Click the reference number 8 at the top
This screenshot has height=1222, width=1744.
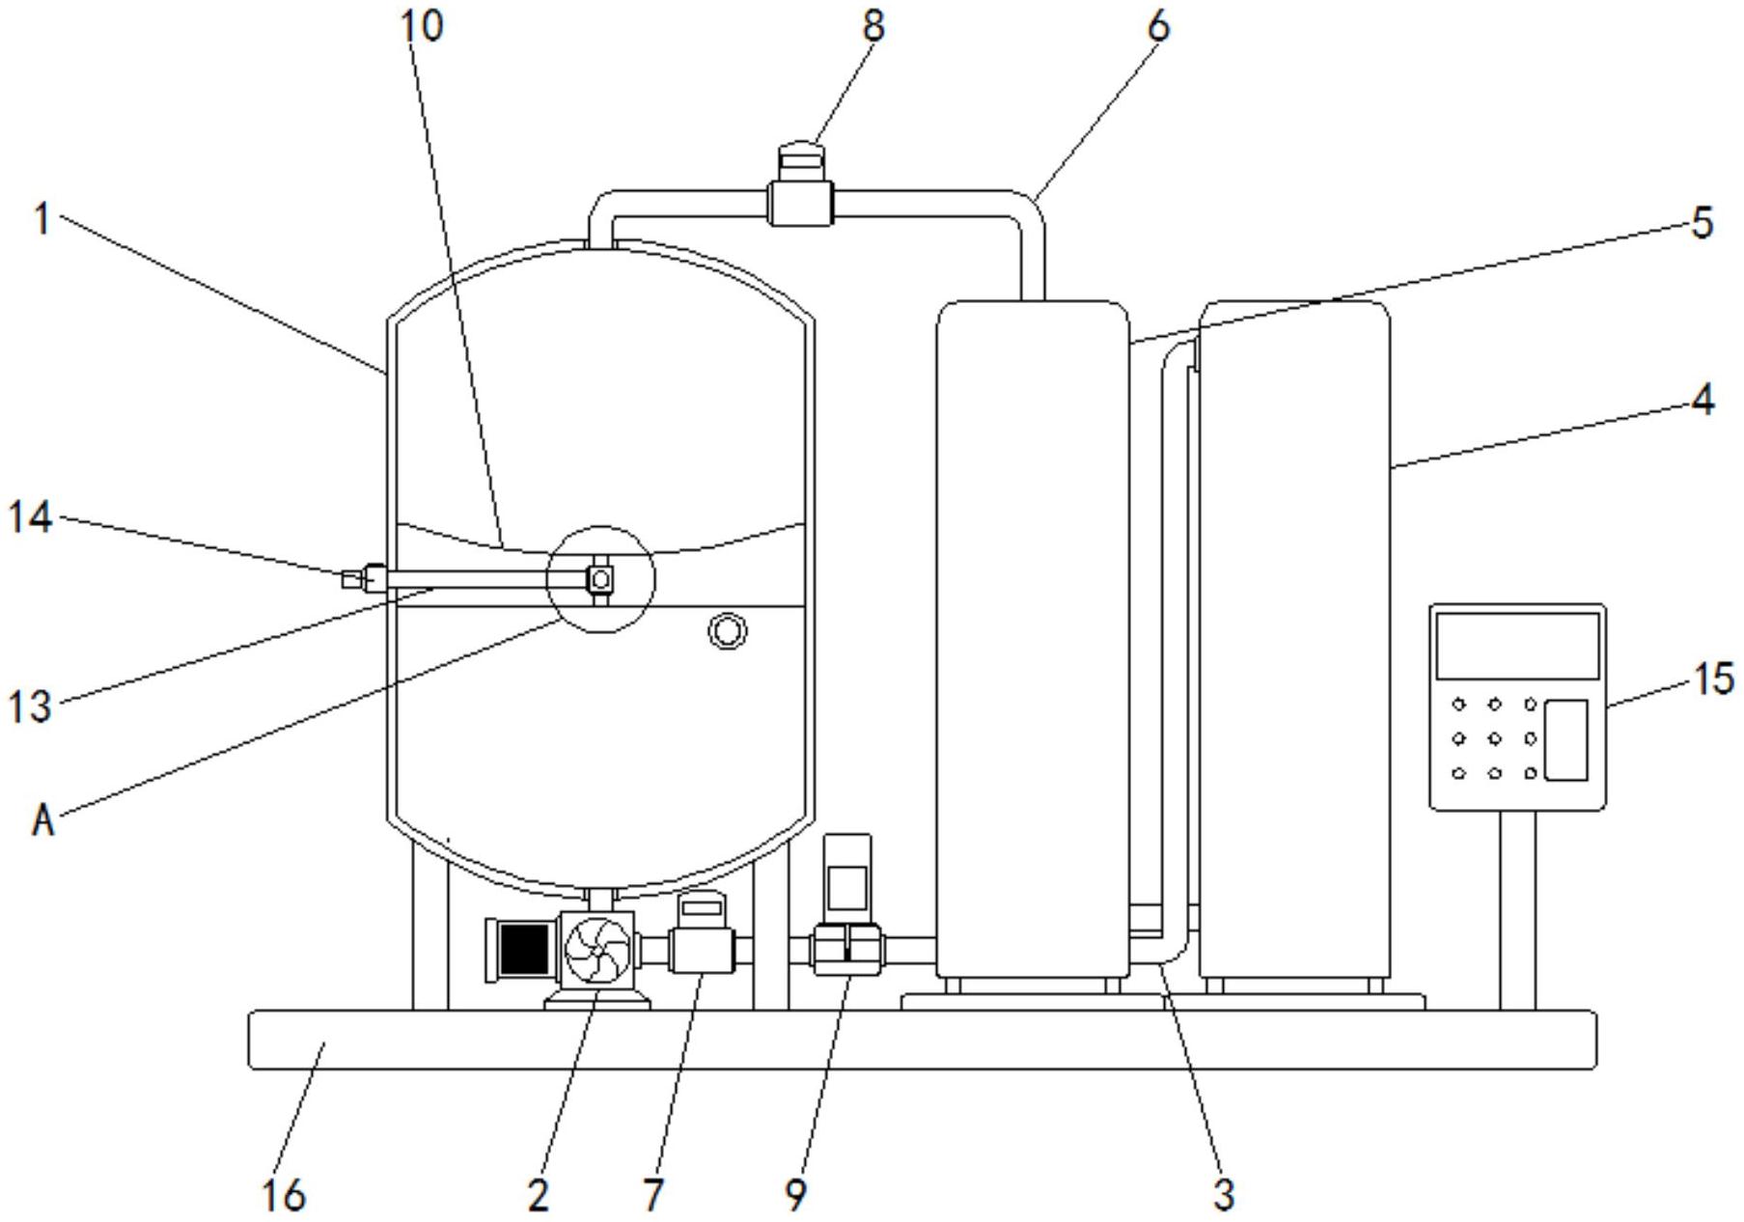[x=872, y=26]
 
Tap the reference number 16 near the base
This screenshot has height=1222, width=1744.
[x=283, y=1195]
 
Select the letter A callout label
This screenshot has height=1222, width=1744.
[x=42, y=821]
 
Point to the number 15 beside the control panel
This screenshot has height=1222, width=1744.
[x=1713, y=679]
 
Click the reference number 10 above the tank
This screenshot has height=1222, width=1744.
[x=422, y=26]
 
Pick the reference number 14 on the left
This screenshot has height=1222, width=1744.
[x=29, y=518]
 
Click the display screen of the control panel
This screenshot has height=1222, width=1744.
[x=1516, y=645]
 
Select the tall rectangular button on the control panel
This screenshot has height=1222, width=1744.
[x=1565, y=739]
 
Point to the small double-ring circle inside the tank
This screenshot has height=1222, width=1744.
[x=727, y=630]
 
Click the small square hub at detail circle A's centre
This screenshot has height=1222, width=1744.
[x=600, y=579]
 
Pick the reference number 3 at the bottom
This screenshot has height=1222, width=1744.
[x=1223, y=1194]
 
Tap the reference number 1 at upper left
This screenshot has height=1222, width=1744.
[x=41, y=220]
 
